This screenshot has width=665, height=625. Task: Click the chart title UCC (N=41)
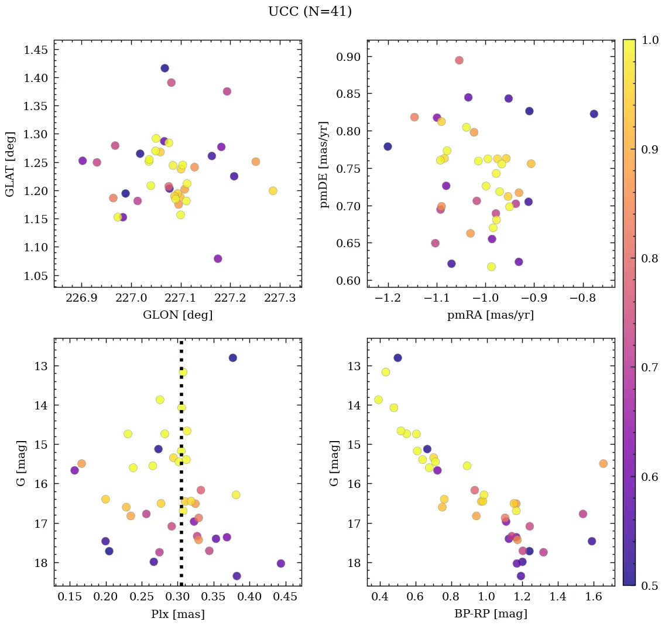coord(310,12)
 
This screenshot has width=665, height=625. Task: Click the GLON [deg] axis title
coord(177,315)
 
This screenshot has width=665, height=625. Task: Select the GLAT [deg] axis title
coord(10,163)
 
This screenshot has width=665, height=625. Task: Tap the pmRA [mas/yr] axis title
coord(491,315)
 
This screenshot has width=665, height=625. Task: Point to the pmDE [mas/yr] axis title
coord(324,163)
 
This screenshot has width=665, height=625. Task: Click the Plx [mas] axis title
coord(177,614)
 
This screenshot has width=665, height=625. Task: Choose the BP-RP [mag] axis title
coord(491,614)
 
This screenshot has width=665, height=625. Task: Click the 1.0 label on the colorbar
coord(649,40)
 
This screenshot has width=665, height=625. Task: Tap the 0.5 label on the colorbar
coord(649,586)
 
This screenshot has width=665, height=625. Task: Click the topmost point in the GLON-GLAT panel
coord(164,68)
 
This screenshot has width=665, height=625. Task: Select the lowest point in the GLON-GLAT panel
coord(218,258)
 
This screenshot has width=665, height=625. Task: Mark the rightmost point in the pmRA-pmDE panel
coord(594,114)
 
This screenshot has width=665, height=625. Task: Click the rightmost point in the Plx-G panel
coord(280,563)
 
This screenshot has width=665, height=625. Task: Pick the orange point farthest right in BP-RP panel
coord(603,463)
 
